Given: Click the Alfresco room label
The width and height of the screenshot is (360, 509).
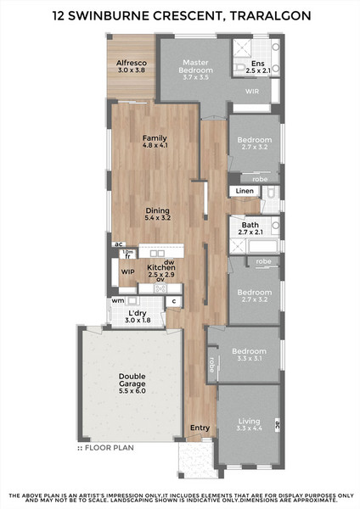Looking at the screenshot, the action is point(132,66).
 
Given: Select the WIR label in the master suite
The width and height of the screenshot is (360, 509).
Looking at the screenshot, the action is point(252,92).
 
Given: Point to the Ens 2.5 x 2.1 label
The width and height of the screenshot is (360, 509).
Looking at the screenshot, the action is point(258,67).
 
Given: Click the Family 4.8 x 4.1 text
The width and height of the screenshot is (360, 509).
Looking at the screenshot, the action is point(155,142).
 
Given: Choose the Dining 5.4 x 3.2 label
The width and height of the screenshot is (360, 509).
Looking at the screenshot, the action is point(158,214).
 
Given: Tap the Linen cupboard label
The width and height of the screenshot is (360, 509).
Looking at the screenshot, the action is point(245,191).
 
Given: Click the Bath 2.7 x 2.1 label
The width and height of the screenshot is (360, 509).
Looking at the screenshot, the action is point(250,228).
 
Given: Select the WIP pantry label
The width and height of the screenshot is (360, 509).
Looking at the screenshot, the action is point(127,272).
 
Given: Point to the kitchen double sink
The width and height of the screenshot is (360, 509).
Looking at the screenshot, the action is point(157,254).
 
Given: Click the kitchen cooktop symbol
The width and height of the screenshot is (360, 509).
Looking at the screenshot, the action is point(160,288).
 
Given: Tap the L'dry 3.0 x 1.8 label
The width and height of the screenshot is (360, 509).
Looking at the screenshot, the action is point(138,316).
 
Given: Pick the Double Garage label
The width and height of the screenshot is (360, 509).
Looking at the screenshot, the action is point(132,383).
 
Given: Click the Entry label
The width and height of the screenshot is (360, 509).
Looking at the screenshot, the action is point(200,428).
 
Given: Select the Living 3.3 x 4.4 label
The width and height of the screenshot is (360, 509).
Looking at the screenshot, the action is point(250,425).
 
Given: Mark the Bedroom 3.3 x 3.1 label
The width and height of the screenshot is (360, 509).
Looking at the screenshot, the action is point(250,355).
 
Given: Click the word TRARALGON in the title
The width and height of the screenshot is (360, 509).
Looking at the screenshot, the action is point(271,15).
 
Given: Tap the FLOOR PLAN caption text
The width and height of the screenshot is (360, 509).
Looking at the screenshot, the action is point(110,448).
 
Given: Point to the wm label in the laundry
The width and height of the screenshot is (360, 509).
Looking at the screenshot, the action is point(118,300).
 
